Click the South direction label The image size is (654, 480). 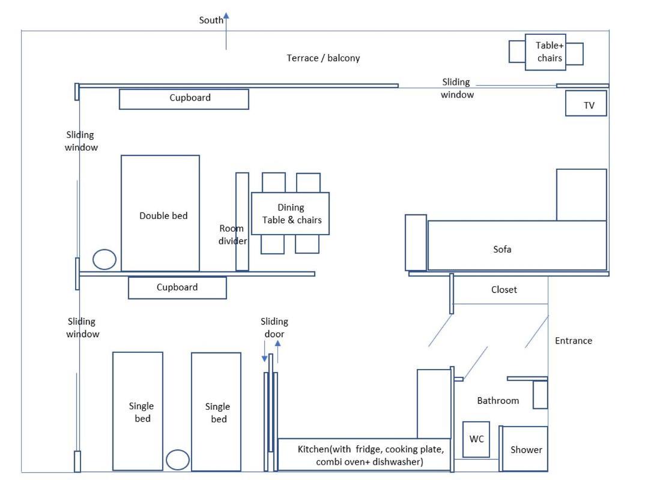pyautogui.click(x=211, y=20)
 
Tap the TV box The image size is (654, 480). pyautogui.click(x=586, y=103)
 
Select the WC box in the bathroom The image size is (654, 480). pyautogui.click(x=476, y=439)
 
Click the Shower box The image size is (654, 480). pyautogui.click(x=525, y=449)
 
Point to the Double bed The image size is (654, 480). pyautogui.click(x=160, y=214)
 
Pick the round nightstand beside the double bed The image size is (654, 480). pyautogui.click(x=104, y=259)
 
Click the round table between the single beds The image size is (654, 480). pyautogui.click(x=178, y=460)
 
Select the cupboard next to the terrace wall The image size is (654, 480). pyautogui.click(x=184, y=99)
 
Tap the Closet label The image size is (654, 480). pyautogui.click(x=504, y=290)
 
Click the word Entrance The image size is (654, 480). pyautogui.click(x=574, y=340)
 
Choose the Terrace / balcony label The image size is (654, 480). pyautogui.click(x=323, y=58)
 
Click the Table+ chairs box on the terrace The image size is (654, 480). pyautogui.click(x=545, y=52)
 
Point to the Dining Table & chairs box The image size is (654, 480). pyautogui.click(x=290, y=214)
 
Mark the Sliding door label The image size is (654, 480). pyautogui.click(x=274, y=328)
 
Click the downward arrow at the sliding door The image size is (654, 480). pyautogui.click(x=264, y=351)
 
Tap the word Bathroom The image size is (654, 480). pyautogui.click(x=498, y=400)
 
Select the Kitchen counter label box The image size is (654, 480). pyautogui.click(x=365, y=455)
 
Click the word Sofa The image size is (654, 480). pyautogui.click(x=502, y=249)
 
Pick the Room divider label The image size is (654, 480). pyautogui.click(x=232, y=235)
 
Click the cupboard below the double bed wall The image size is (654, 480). pyautogui.click(x=177, y=288)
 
